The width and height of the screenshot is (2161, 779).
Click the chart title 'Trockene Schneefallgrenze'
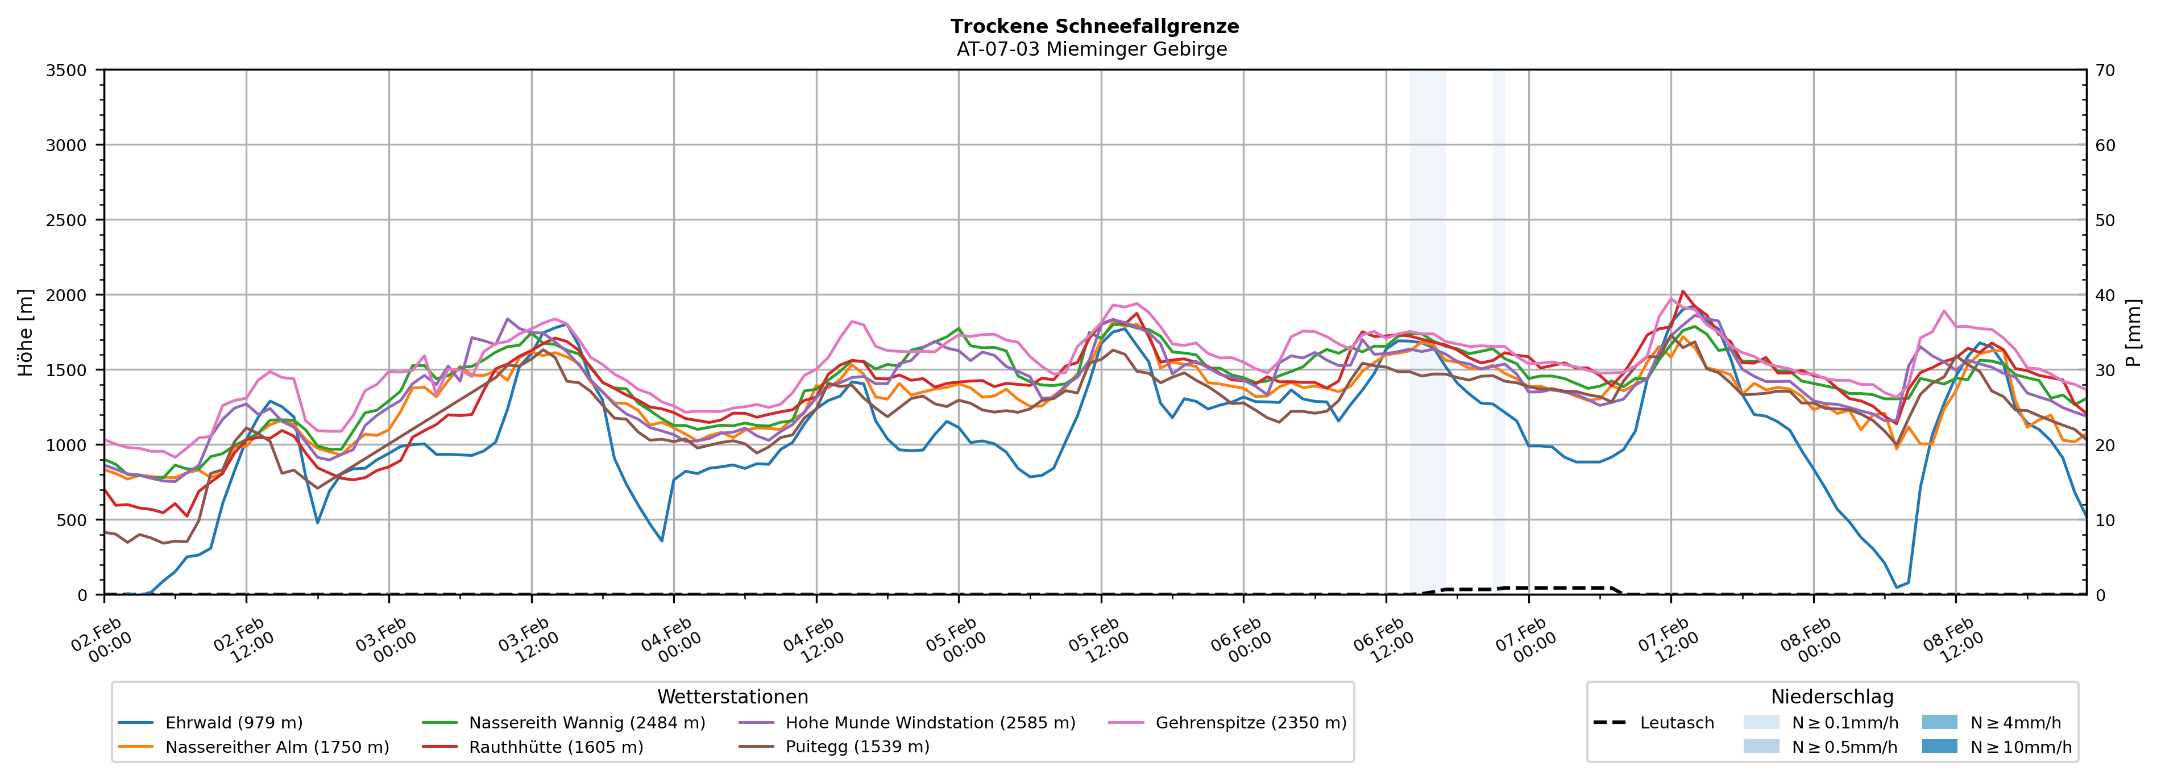coord(1094,26)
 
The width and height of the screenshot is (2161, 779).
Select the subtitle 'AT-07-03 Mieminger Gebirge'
coord(1092,49)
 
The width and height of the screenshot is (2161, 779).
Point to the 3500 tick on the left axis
coord(67,70)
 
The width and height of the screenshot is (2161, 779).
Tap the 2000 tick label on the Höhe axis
coord(67,295)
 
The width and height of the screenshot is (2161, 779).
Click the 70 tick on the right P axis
coord(2105,70)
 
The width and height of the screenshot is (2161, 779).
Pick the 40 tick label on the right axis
coord(2105,295)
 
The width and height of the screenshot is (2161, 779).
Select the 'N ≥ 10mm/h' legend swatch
coord(1939,746)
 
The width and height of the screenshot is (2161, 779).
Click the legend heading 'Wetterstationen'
coord(732,697)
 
